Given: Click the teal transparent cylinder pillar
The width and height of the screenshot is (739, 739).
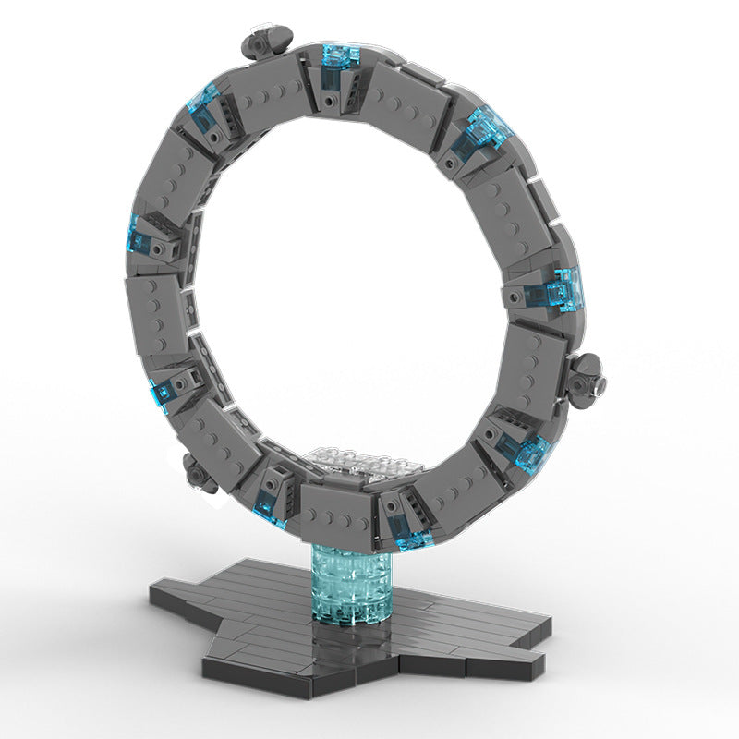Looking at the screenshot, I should tap(350, 588).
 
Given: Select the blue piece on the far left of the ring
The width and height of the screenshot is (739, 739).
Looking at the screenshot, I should tap(139, 236).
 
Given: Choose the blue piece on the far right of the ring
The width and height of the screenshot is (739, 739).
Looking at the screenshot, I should tap(563, 290).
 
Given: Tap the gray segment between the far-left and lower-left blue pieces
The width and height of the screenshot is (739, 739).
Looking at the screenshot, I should tap(153, 314).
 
